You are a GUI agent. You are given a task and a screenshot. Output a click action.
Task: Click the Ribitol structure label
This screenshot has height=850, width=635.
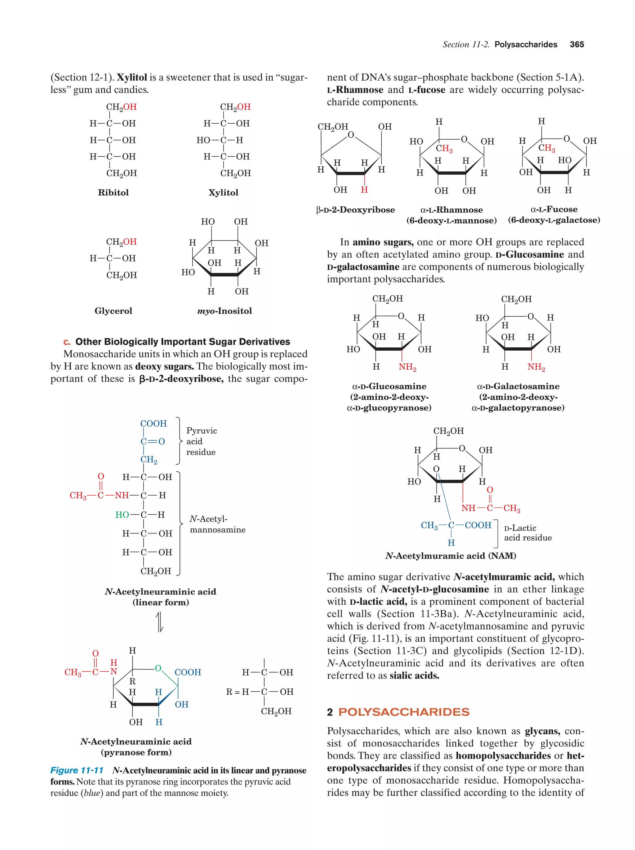pyautogui.click(x=113, y=193)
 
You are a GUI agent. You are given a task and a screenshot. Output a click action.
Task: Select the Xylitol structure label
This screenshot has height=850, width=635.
pyautogui.click(x=223, y=193)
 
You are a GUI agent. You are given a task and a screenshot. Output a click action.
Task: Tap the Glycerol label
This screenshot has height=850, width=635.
pyautogui.click(x=113, y=310)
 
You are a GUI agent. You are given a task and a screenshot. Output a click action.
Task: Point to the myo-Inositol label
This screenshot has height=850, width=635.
pyautogui.click(x=224, y=310)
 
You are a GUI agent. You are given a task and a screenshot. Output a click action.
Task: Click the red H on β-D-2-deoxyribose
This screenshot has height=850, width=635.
pyautogui.click(x=364, y=190)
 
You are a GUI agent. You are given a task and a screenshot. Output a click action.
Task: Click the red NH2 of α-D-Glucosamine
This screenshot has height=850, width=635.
pyautogui.click(x=407, y=367)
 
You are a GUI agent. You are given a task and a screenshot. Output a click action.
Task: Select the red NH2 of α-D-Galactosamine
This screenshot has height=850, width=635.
pyautogui.click(x=536, y=367)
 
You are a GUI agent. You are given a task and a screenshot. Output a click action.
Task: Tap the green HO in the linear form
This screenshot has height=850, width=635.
pyautogui.click(x=122, y=514)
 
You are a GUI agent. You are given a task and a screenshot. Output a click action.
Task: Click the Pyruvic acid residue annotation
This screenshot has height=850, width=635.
pyautogui.click(x=201, y=441)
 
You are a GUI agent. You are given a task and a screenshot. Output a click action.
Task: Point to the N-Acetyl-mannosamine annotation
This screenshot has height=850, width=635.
pyautogui.click(x=217, y=524)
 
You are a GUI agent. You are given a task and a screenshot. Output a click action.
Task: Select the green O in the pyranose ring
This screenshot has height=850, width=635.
pyautogui.click(x=158, y=668)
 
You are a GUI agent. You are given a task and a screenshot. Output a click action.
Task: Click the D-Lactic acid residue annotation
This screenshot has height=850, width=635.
pyautogui.click(x=527, y=532)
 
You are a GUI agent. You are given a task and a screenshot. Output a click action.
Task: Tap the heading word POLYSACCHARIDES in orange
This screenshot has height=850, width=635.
pyautogui.click(x=404, y=712)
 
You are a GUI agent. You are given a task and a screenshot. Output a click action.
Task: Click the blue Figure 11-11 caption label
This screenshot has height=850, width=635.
pyautogui.click(x=77, y=770)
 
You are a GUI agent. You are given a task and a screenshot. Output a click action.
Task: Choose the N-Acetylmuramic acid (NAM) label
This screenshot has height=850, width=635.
pyautogui.click(x=450, y=556)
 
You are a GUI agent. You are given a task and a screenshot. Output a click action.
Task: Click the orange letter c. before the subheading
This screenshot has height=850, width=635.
pyautogui.click(x=67, y=342)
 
